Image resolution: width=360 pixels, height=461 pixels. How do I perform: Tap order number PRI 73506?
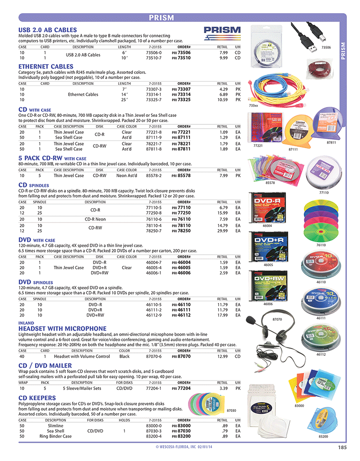tap(181, 53)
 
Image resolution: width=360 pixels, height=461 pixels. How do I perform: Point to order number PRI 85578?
tap(181, 176)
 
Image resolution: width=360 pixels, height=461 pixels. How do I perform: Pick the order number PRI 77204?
tap(181, 388)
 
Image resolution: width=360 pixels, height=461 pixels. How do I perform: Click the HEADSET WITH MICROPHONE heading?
tap(62, 329)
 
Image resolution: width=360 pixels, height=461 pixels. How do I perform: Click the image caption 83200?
tap(323, 436)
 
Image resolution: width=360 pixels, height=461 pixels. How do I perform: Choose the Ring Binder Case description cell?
tap(56, 436)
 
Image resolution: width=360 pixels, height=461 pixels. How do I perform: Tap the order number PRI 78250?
tap(181, 230)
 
